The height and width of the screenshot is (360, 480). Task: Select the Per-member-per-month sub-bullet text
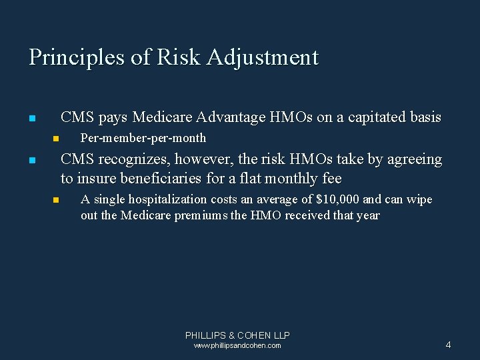click(143, 138)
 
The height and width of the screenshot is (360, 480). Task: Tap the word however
click(203, 159)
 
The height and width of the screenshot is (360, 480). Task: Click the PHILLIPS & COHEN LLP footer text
click(237, 335)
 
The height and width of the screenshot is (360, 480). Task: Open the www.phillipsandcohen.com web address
click(237, 346)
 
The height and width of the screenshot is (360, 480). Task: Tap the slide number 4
click(448, 345)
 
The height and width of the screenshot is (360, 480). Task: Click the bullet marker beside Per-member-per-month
click(56, 139)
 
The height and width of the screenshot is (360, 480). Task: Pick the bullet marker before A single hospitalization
click(56, 200)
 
